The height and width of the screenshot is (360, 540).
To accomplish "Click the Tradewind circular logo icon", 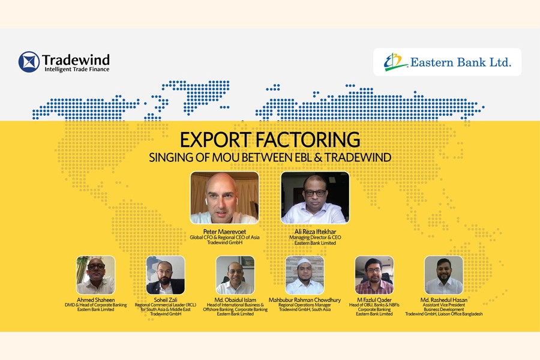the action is (x=29, y=62).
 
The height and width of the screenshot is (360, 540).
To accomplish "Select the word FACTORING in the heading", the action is (x=308, y=140).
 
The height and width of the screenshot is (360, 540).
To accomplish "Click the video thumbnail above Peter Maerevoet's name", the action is (x=224, y=198).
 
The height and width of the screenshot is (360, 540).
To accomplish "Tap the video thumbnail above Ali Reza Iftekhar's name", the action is (x=315, y=198).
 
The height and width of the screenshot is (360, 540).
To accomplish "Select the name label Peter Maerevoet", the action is (x=224, y=232).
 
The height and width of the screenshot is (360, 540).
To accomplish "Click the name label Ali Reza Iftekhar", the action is (x=315, y=232).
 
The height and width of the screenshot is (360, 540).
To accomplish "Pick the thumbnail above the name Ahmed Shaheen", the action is (x=96, y=275).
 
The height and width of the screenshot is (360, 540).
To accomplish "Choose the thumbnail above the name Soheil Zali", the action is (x=166, y=275).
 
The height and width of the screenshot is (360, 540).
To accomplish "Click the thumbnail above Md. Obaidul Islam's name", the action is (x=235, y=275).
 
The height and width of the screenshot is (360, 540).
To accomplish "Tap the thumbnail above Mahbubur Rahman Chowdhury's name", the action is (x=305, y=275).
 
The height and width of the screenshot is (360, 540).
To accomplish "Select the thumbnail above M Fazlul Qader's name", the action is (x=374, y=275).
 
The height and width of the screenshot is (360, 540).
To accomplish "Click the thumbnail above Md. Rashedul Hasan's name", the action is (x=443, y=275).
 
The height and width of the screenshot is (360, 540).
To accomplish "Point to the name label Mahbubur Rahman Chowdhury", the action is (x=305, y=300).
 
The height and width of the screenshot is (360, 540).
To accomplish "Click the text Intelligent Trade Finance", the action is (x=77, y=69).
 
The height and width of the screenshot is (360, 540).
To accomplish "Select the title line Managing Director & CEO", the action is (x=315, y=238).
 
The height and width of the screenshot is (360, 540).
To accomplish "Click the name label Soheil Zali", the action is (x=166, y=300).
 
